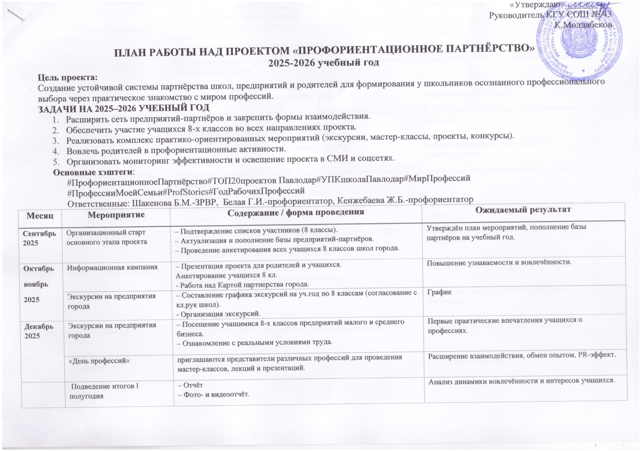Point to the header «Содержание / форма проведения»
pyautogui.click(x=296, y=213)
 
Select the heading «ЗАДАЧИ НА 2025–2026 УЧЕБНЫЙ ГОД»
pyautogui.click(x=124, y=107)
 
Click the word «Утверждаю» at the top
pyautogui.click(x=531, y=5)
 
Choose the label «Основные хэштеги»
pyautogui.click(x=93, y=172)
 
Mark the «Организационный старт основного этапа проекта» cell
pyautogui.click(x=106, y=237)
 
